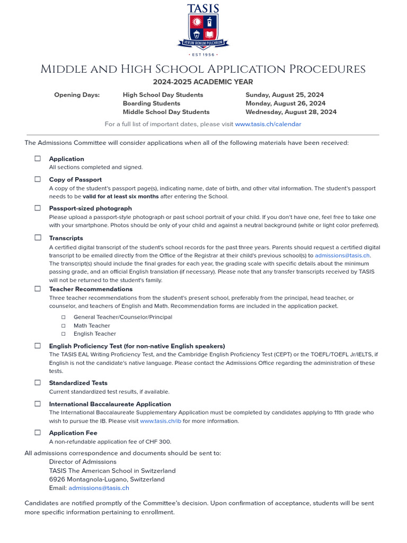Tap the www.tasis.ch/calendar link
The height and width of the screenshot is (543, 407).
tap(268, 124)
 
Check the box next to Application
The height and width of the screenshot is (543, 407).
tap(38, 159)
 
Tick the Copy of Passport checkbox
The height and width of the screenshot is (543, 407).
tap(38, 179)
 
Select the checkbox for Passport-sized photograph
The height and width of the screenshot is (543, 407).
tap(38, 208)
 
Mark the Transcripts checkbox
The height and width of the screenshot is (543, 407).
tap(38, 238)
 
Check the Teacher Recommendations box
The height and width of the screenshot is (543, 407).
tap(38, 289)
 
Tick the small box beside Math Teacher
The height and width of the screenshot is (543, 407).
tap(63, 326)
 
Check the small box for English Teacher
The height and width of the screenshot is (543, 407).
tap(63, 334)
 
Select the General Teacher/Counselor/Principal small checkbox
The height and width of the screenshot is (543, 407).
tap(63, 317)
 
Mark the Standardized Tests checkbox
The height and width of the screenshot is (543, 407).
tap(38, 382)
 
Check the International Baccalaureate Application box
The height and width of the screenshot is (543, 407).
tap(38, 404)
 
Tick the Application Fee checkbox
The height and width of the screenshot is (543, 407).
tap(38, 432)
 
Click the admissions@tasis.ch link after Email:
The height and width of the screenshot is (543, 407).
tap(99, 488)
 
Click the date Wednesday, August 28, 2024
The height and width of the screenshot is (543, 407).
tap(291, 112)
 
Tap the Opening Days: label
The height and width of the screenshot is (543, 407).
tap(77, 95)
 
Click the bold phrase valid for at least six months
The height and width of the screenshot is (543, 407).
tap(120, 197)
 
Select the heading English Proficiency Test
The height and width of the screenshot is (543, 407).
tap(137, 346)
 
